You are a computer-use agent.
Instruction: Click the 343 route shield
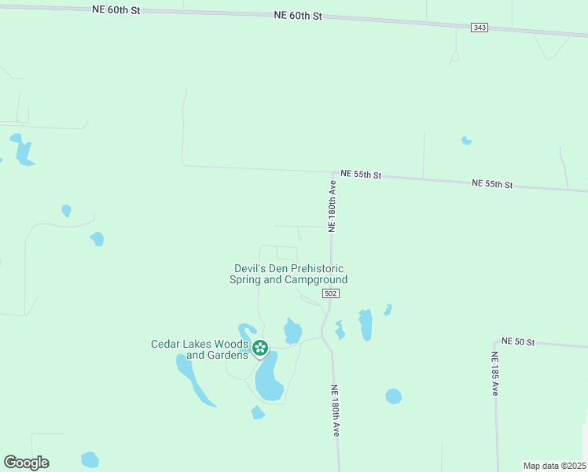point(480,28)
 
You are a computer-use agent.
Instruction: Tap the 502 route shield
point(331,293)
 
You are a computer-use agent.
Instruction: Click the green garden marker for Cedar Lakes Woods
point(260,347)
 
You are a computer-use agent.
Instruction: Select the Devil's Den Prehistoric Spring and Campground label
point(288,274)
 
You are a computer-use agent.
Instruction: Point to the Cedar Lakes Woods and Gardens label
point(200,349)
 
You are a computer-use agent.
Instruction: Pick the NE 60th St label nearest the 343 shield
point(299,15)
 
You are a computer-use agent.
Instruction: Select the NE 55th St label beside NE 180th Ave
point(361,174)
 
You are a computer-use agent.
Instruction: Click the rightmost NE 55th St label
point(492,184)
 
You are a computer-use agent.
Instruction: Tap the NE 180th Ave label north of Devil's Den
point(333,206)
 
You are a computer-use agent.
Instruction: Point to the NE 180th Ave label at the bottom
point(336,411)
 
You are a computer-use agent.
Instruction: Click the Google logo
point(26,463)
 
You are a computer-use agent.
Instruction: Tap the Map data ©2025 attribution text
point(554,465)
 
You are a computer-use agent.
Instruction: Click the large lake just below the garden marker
point(269,378)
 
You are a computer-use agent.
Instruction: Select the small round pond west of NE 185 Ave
point(394,396)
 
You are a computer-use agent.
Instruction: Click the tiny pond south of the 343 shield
point(466,141)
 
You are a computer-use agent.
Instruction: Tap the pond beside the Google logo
point(90,459)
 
